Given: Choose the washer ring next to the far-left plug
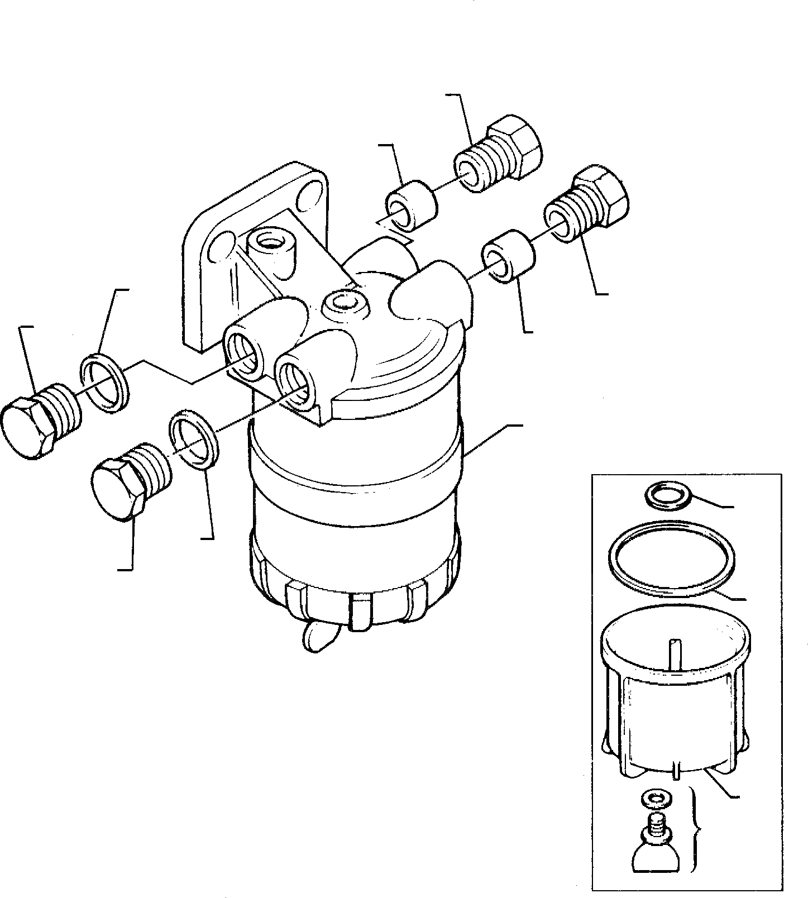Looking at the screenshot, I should pyautogui.click(x=106, y=384).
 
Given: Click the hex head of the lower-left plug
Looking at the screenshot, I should pyautogui.click(x=118, y=490).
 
